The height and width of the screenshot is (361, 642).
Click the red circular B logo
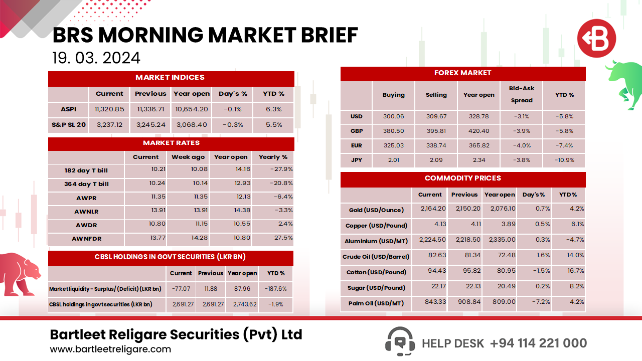point(596,38)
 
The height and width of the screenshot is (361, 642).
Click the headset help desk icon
point(400,342)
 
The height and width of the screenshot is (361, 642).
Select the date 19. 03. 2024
point(96,58)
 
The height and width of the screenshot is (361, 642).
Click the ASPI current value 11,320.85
point(109,109)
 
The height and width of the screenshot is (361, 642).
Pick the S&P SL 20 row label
point(69,125)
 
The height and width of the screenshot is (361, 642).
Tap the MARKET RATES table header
point(171,143)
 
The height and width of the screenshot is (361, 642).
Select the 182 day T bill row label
point(86,170)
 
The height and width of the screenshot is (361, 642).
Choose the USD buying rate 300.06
point(393,116)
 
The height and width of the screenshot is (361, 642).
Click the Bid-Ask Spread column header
point(522,94)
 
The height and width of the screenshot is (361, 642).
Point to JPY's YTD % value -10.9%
point(564,160)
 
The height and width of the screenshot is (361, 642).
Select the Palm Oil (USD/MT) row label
point(376,303)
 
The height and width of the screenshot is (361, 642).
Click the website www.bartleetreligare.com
point(110,349)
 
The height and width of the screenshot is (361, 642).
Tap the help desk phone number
point(538,343)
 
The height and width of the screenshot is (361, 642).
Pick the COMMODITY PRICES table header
point(462,178)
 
